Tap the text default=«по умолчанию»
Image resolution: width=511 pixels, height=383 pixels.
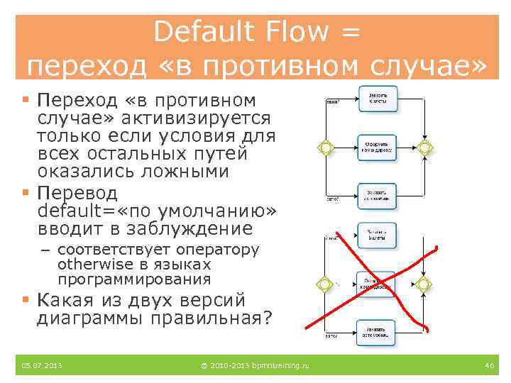click(156, 211)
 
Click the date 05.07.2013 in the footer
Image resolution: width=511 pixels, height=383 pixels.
click(42, 365)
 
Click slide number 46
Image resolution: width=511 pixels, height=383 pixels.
click(488, 365)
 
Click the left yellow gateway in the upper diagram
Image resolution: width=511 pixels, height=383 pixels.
click(325, 148)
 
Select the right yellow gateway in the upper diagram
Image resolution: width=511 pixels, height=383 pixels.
click(425, 148)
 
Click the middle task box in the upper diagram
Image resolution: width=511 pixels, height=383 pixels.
click(377, 148)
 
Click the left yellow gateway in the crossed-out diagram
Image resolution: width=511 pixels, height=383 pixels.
click(325, 284)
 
